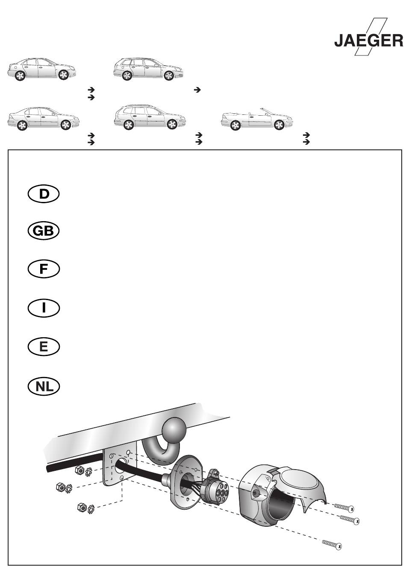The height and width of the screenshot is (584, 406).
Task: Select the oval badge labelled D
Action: point(44,194)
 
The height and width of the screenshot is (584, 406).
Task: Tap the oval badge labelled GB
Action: point(44,231)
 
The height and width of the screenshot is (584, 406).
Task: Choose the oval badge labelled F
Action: point(44,269)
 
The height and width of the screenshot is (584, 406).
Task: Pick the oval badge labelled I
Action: point(44,308)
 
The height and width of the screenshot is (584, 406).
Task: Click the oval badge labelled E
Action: point(44,347)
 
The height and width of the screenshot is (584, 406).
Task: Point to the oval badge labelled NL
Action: point(44,386)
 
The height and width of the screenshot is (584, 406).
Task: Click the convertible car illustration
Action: point(257,119)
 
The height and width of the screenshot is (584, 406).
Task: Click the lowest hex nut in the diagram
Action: point(82,507)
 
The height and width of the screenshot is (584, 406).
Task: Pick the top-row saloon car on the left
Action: point(42,69)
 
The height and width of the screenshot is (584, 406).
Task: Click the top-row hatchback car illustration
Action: point(148,69)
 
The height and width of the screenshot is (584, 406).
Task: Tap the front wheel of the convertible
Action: point(279,125)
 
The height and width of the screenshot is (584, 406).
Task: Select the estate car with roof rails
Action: point(150,117)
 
